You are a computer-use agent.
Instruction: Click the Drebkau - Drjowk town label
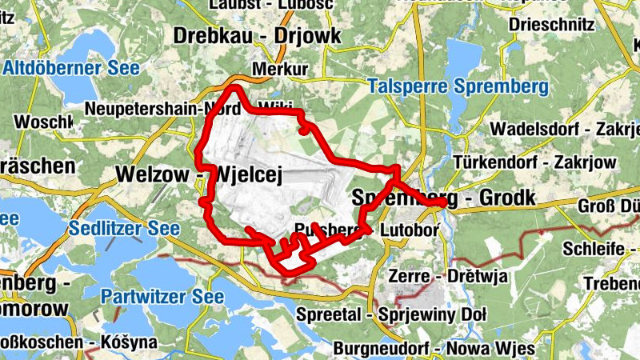point(257,36)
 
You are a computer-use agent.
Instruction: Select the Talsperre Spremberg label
point(457,86)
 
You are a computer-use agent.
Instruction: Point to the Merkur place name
point(279,70)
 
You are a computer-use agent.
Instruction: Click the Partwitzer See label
point(157,297)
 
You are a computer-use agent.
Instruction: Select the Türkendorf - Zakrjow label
point(534,162)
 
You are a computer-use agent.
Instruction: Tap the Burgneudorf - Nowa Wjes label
point(433,349)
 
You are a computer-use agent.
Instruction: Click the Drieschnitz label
point(551,25)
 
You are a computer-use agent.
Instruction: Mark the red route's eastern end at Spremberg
point(442,204)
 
